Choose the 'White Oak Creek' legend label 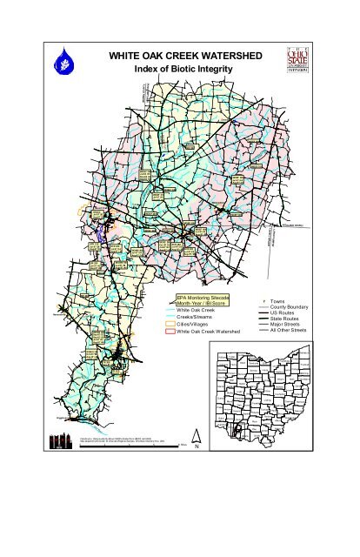pos(196,311)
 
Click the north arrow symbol pos(197,440)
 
